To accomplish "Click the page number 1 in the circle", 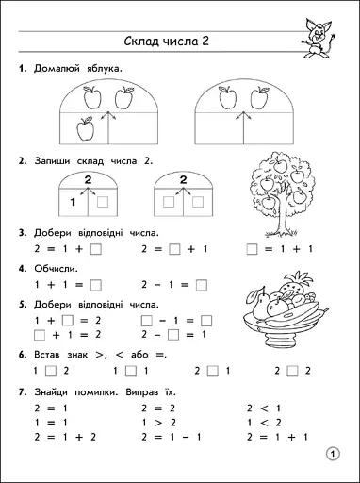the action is [x=331, y=455].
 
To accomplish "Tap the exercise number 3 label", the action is [x=21, y=232].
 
